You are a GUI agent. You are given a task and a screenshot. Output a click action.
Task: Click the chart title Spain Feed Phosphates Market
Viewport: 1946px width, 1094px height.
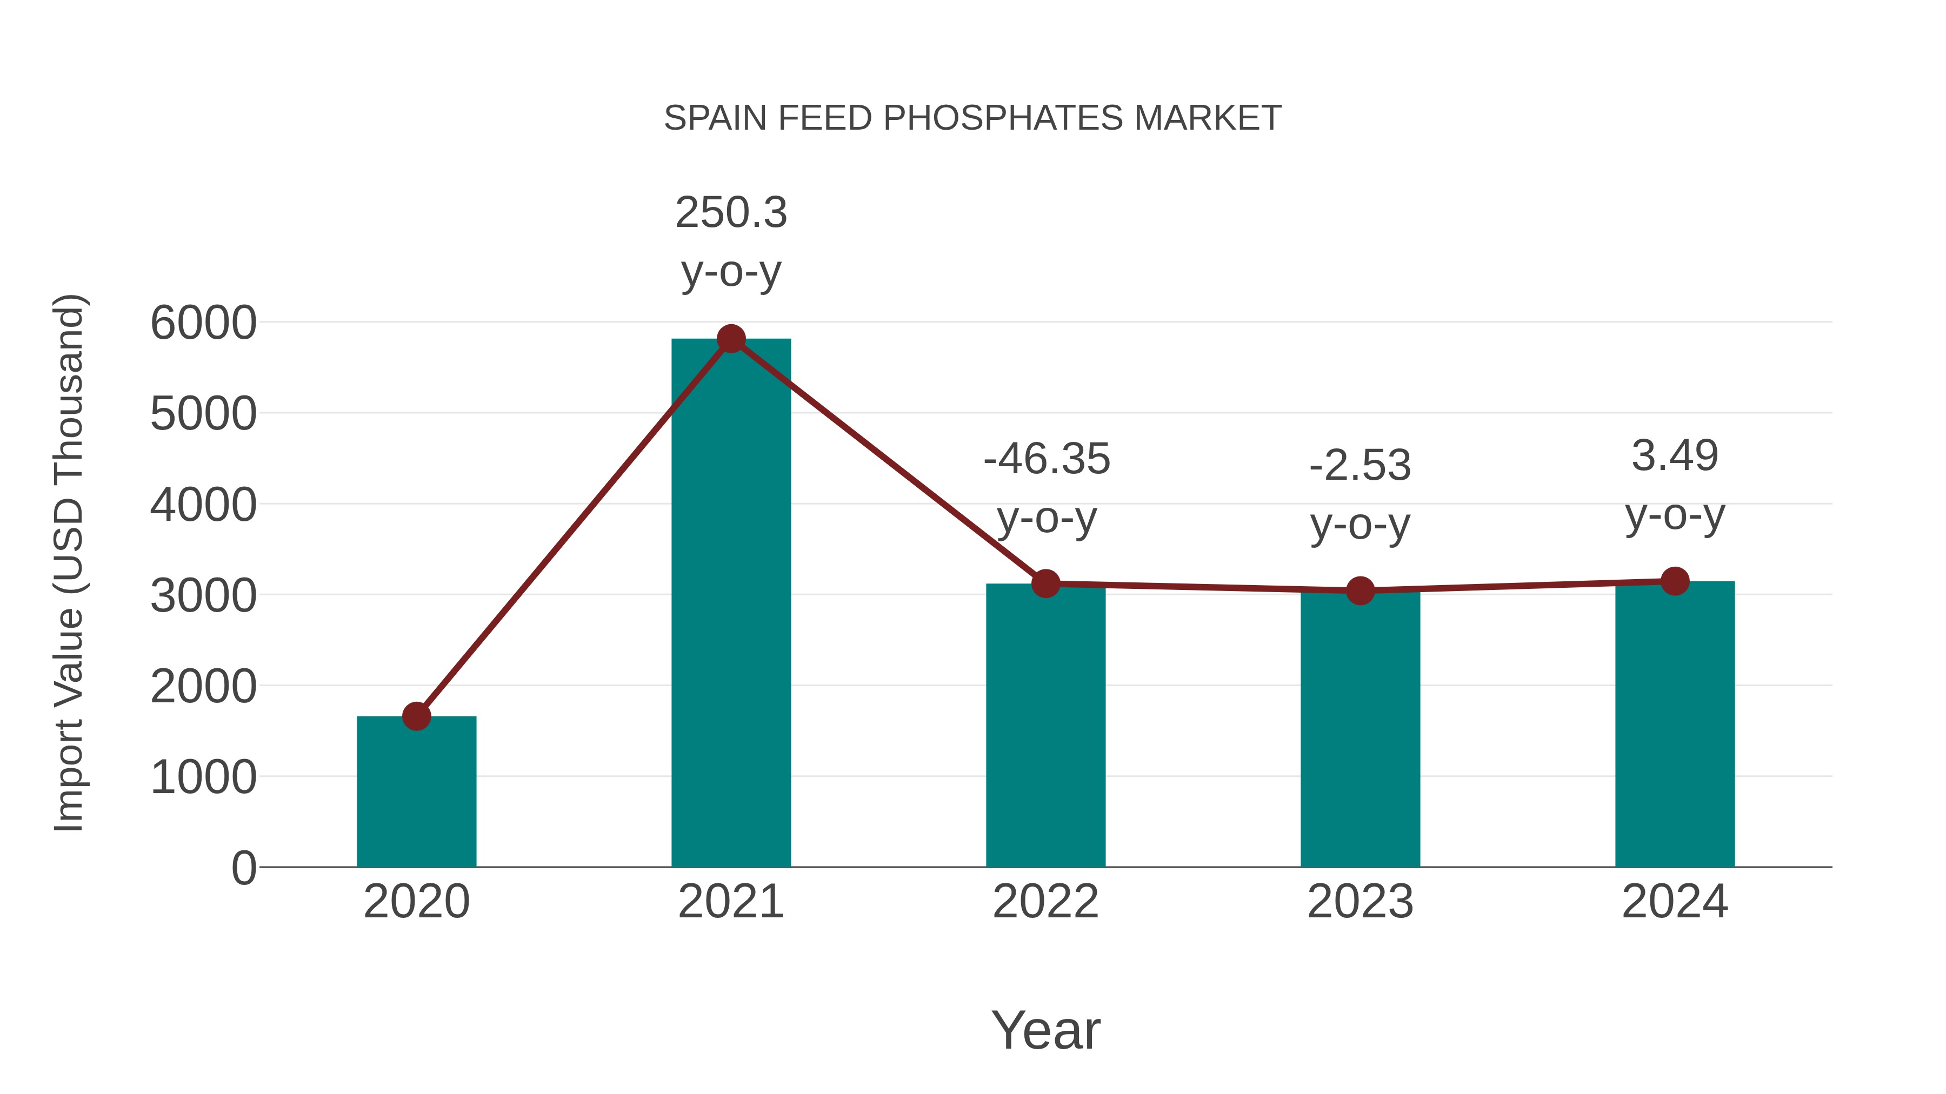972,118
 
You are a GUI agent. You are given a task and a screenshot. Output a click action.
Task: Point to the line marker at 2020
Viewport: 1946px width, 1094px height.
416,716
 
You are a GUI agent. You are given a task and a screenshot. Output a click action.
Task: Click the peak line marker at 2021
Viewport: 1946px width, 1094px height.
730,339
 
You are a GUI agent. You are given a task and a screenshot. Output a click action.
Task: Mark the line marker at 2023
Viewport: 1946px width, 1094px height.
1360,590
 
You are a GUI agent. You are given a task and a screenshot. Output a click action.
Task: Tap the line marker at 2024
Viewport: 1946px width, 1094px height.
1675,581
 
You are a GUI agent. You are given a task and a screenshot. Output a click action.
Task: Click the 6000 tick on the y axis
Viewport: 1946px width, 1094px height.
203,323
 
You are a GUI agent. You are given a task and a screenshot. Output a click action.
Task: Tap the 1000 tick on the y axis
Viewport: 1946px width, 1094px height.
203,777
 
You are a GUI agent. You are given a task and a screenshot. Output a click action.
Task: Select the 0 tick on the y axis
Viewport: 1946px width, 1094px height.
243,868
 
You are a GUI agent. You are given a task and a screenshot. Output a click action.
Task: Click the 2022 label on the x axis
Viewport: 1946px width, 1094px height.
1045,902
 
